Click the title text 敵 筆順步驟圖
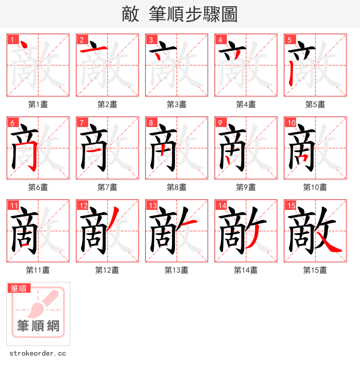[180, 14]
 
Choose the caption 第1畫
[38, 104]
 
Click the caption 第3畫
[176, 104]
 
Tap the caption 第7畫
[107, 187]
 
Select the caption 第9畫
[246, 187]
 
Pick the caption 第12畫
[107, 270]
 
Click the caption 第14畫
[246, 270]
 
